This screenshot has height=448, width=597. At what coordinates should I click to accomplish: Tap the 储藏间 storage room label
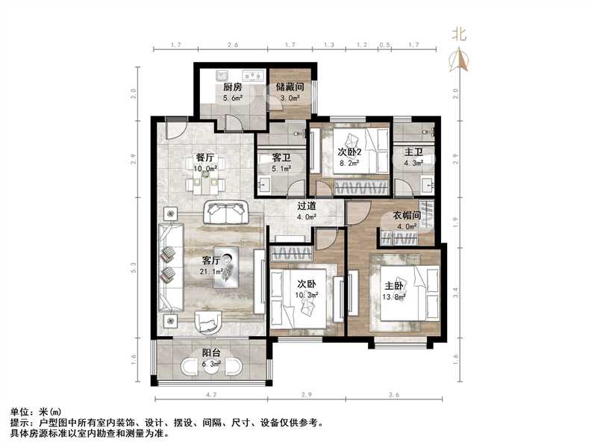(x=289, y=87)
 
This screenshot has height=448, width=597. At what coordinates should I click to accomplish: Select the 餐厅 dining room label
(x=205, y=158)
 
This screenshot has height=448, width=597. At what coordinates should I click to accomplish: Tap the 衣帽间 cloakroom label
(x=407, y=215)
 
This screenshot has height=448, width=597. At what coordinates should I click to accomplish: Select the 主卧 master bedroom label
(x=395, y=285)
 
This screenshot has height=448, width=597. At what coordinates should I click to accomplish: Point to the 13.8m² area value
(x=396, y=297)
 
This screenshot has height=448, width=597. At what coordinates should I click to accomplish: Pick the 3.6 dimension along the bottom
(x=393, y=393)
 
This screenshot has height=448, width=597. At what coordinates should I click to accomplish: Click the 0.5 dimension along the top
(x=384, y=46)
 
